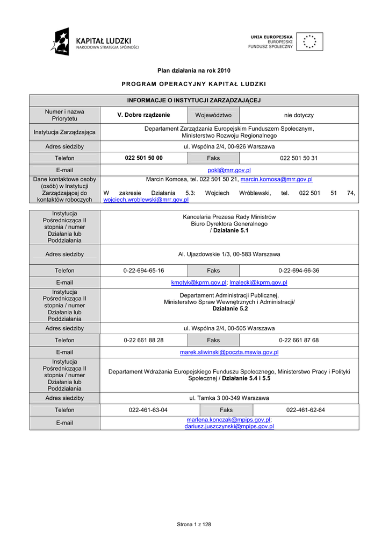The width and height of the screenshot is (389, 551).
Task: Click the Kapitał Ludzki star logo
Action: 61,41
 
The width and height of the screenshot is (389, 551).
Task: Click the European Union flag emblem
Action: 309,41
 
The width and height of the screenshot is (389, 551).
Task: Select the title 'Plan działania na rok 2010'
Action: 193,70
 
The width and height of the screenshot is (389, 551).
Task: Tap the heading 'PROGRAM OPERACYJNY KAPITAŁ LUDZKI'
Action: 193,84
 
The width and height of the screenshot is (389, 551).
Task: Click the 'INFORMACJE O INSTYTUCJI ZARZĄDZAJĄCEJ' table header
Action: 193,101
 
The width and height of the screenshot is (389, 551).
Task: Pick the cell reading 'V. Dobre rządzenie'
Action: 143,115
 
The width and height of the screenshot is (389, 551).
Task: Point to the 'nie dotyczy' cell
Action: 299,115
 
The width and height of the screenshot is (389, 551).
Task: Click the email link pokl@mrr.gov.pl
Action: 229,170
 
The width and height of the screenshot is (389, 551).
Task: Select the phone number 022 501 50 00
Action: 143,158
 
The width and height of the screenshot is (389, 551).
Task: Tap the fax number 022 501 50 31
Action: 299,158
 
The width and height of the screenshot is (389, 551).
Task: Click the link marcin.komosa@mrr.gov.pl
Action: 276,179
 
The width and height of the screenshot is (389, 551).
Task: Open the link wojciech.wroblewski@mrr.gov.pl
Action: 146,199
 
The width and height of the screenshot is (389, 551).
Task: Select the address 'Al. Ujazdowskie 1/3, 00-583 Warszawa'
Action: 229,254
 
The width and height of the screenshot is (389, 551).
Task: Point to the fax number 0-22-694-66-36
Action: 299,271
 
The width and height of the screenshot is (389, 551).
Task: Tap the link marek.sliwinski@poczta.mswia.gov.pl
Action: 229,352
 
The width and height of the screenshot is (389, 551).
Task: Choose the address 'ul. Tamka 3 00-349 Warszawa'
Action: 229,398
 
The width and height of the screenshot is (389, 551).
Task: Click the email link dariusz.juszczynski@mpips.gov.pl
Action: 229,426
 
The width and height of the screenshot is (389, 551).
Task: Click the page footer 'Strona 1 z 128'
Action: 194,525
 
